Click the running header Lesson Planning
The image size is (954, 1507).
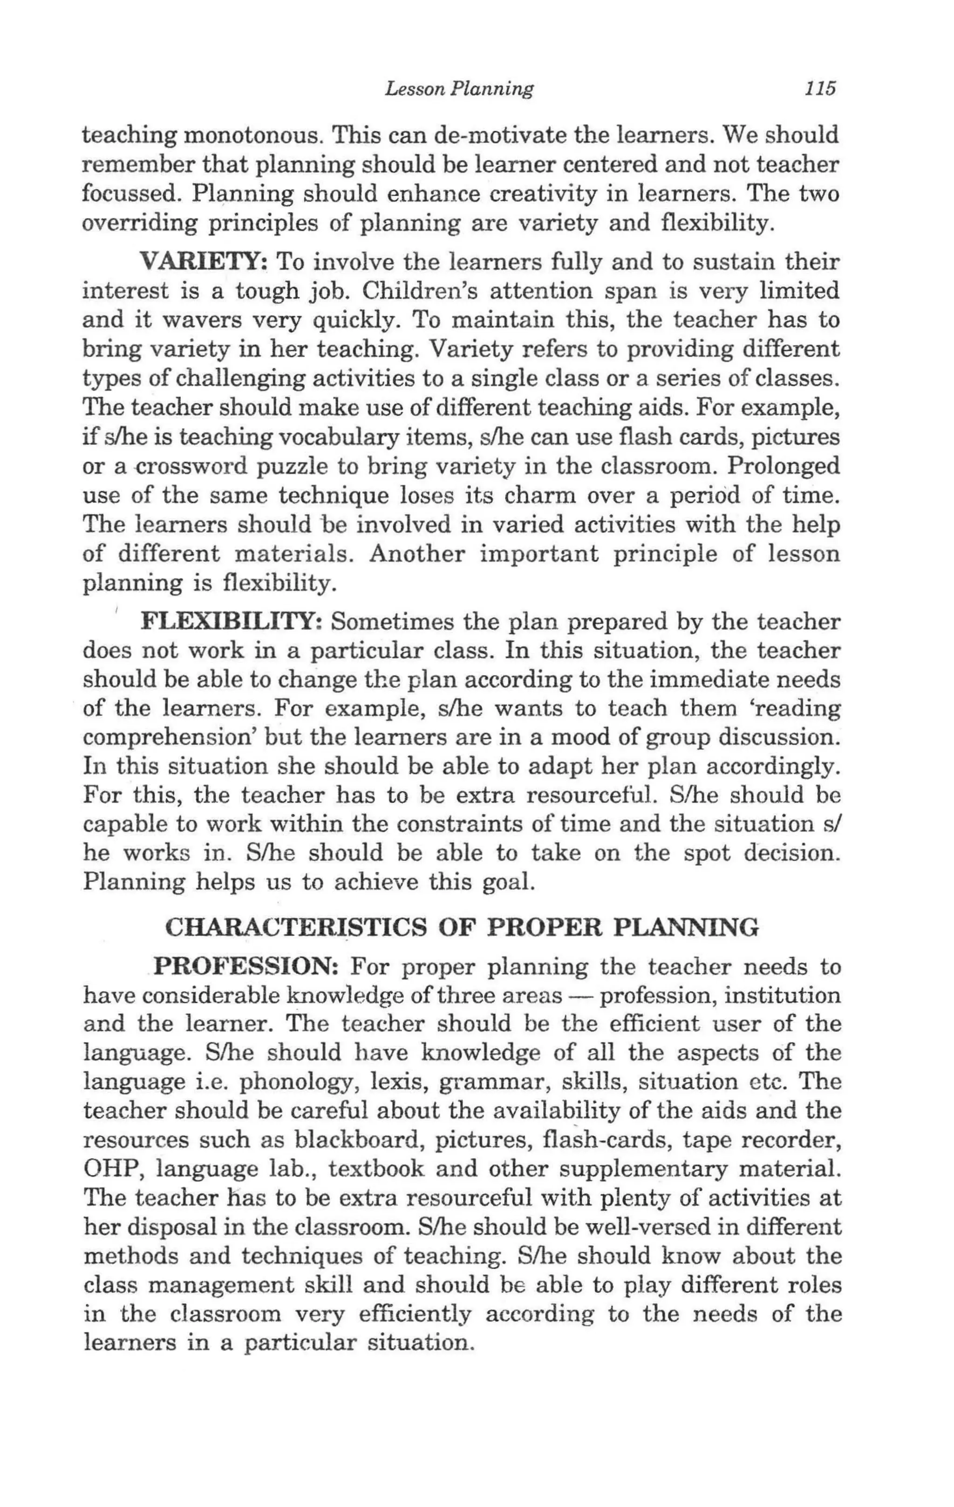pos(459,89)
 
